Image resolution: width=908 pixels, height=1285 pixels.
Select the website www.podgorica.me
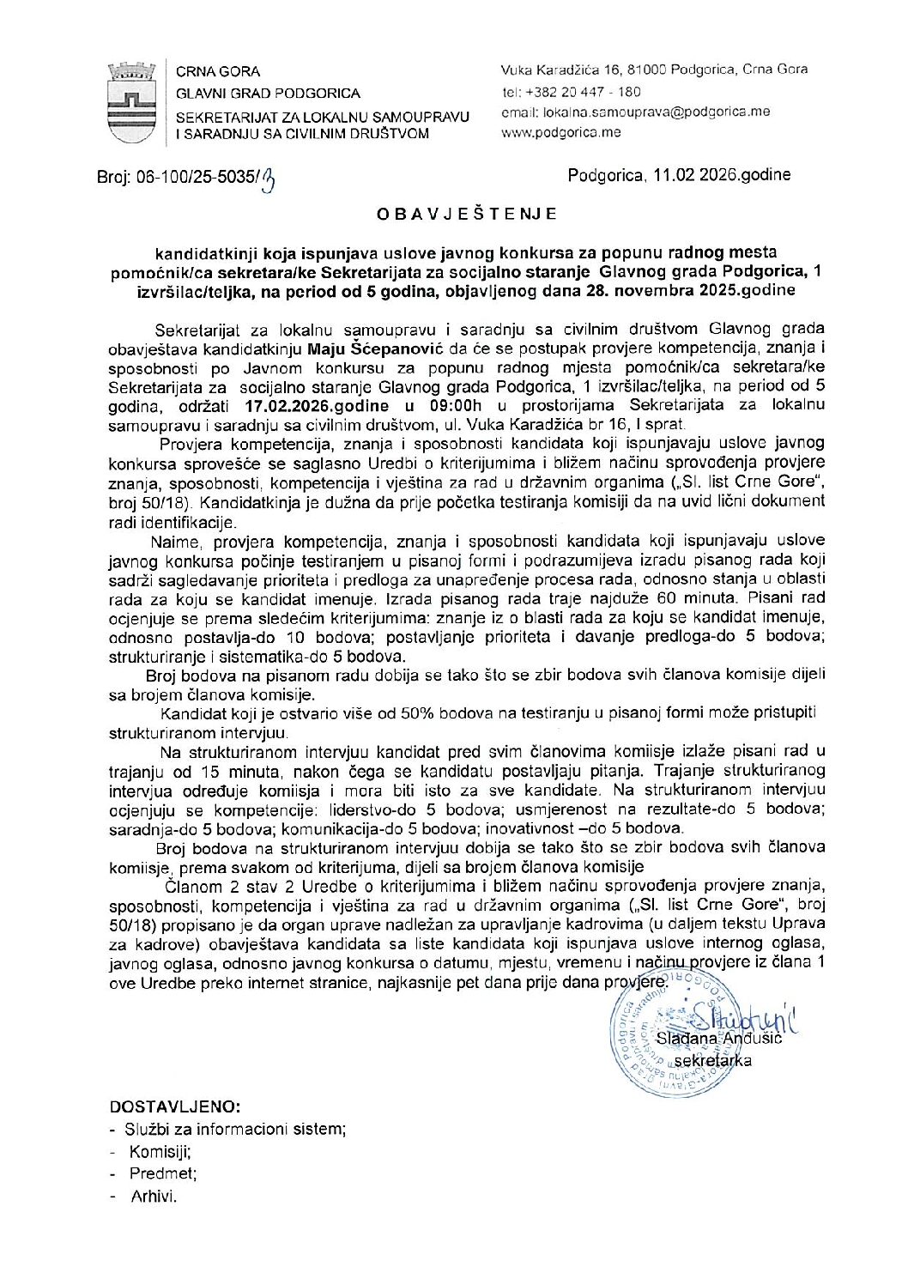560,132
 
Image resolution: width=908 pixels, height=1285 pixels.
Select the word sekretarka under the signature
713,1061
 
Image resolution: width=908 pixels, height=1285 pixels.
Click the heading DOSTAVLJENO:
175,1106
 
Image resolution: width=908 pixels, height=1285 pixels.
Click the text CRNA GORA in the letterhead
218,71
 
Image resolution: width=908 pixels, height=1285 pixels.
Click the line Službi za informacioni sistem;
235,1130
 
